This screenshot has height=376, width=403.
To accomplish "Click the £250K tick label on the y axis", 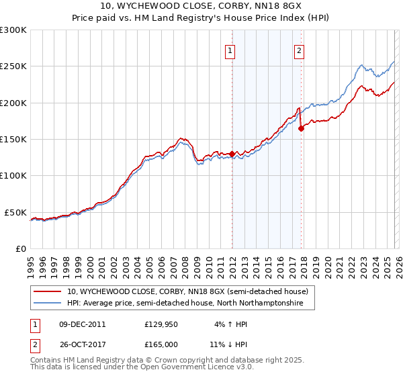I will (13, 66).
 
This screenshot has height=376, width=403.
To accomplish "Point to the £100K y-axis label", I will (13, 175).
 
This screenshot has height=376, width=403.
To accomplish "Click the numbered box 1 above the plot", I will (230, 50).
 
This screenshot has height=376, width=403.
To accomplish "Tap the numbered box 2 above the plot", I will (298, 50).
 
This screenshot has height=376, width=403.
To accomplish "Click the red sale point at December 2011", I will (232, 154).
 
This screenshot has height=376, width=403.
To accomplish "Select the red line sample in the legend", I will (47, 292).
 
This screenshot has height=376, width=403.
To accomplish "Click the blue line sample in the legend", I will (47, 303).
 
